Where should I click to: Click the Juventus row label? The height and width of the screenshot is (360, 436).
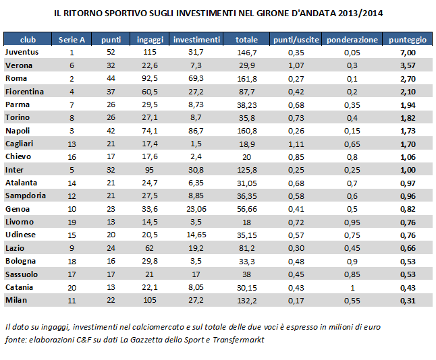22,52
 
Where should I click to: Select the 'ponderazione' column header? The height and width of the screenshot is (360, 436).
352,40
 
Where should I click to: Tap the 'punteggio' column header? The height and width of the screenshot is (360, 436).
408,40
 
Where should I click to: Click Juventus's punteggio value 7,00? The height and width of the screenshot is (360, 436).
408,52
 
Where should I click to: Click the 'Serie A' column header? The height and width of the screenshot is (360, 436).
72,40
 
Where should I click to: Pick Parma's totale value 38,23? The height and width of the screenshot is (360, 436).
247,104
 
